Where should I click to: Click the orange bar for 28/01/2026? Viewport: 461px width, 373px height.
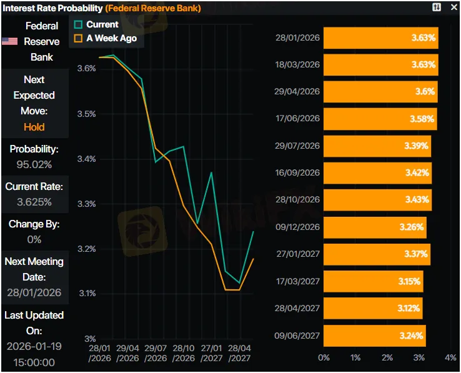381,38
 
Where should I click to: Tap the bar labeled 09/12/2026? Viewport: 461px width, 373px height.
375,227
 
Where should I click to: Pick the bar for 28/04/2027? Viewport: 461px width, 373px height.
373,308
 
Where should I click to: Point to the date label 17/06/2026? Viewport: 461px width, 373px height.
297,119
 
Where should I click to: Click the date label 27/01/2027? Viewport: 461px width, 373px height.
297,254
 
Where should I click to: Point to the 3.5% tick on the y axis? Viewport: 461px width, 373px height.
86,114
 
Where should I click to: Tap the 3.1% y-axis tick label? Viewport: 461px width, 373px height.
86,294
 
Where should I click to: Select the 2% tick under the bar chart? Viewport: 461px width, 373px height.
387,357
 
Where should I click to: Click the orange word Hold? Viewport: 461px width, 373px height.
34,127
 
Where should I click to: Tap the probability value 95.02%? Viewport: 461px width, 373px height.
34,165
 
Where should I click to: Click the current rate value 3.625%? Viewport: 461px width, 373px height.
34,202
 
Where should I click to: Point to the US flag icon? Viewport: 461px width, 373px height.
9,41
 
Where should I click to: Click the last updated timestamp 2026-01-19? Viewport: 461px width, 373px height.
34,346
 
